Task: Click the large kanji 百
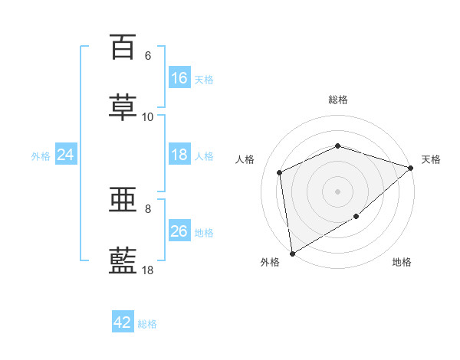pyautogui.click(x=123, y=47)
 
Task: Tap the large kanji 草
pyautogui.click(x=123, y=107)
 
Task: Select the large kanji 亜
pyautogui.click(x=123, y=199)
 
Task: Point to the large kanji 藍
pyautogui.click(x=123, y=260)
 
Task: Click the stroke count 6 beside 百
pyautogui.click(x=148, y=56)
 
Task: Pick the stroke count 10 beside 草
pyautogui.click(x=147, y=117)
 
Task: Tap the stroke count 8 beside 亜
pyautogui.click(x=148, y=209)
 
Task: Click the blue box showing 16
pyautogui.click(x=179, y=77)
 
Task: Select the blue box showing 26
pyautogui.click(x=179, y=230)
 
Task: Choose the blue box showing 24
pyautogui.click(x=66, y=154)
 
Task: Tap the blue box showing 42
pyautogui.click(x=123, y=321)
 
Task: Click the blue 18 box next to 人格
pyautogui.click(x=179, y=154)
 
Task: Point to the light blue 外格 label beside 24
pyautogui.click(x=41, y=156)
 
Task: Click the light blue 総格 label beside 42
pyautogui.click(x=147, y=324)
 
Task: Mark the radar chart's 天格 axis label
pyautogui.click(x=431, y=159)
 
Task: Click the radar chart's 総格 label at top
pyautogui.click(x=338, y=100)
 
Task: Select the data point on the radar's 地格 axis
pyautogui.click(x=356, y=216)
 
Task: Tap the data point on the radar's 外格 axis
pyautogui.click(x=292, y=254)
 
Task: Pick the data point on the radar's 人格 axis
pyautogui.click(x=279, y=172)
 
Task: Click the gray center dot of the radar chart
pyautogui.click(x=337, y=191)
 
